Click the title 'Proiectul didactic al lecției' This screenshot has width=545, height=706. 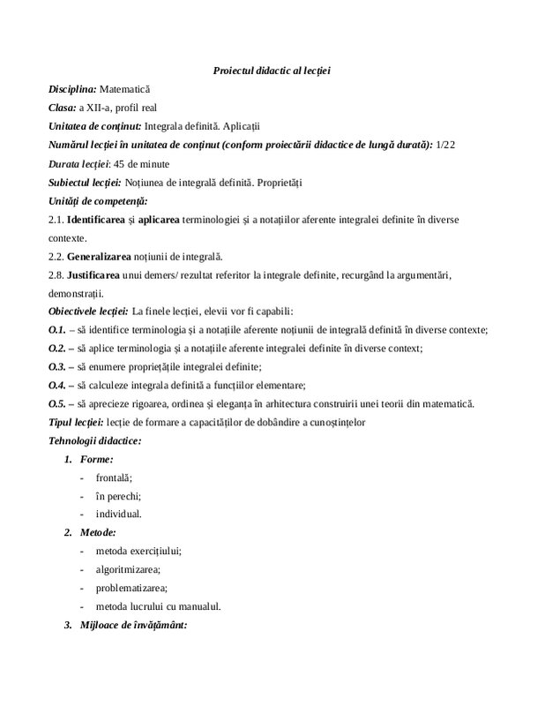click(272, 70)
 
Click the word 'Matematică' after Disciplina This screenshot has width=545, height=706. click(125, 89)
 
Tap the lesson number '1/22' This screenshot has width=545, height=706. click(445, 145)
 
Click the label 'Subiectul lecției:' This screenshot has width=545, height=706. click(86, 182)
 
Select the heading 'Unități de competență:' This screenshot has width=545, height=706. click(98, 200)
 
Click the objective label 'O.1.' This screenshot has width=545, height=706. click(57, 330)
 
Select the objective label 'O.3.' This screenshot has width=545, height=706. click(57, 367)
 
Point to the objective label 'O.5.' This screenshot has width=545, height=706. click(57, 404)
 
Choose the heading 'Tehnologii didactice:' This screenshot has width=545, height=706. click(95, 440)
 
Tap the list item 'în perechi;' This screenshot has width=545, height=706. click(119, 496)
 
